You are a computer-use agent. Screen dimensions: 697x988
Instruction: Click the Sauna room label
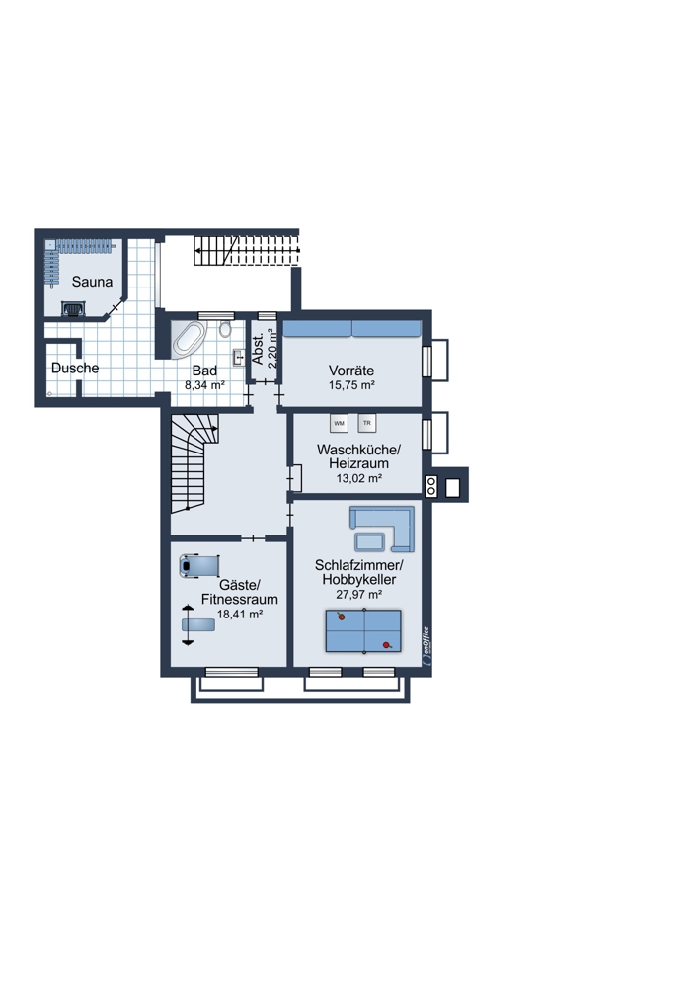(x=92, y=282)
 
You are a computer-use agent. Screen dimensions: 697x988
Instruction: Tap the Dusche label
(x=75, y=368)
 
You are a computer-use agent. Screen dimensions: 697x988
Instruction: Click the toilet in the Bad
(x=225, y=328)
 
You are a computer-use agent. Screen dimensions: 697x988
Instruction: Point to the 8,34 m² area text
(x=204, y=385)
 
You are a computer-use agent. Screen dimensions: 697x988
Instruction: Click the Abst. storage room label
(x=258, y=347)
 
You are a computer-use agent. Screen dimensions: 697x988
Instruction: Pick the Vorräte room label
(x=351, y=370)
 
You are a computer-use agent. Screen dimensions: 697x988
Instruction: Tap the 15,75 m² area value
(x=351, y=385)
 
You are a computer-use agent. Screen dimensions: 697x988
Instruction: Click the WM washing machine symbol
(x=339, y=424)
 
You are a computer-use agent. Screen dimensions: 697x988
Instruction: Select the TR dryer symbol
(x=367, y=423)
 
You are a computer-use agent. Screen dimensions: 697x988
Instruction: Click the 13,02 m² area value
(x=359, y=479)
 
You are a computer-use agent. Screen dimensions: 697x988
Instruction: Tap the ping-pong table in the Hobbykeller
(x=363, y=630)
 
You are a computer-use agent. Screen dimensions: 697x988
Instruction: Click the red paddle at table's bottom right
(x=388, y=644)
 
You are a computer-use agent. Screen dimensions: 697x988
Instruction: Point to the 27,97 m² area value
(x=359, y=594)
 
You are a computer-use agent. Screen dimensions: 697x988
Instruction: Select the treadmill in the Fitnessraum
(x=199, y=565)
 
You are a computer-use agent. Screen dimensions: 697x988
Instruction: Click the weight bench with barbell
(x=195, y=624)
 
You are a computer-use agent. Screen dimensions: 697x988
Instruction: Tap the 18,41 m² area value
(x=240, y=615)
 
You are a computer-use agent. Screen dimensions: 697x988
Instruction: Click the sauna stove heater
(x=72, y=308)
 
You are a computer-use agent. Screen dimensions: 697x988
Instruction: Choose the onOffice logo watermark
(x=426, y=645)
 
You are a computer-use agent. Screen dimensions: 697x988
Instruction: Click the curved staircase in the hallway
(x=193, y=463)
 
